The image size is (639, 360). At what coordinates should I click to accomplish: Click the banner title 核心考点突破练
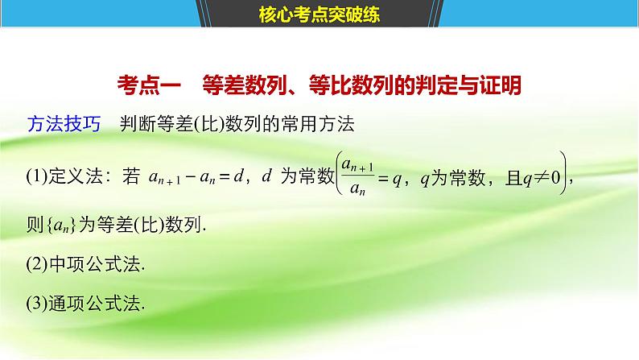319,13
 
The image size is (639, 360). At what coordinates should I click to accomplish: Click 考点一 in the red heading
143,86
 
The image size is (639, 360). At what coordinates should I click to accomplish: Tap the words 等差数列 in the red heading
237,86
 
